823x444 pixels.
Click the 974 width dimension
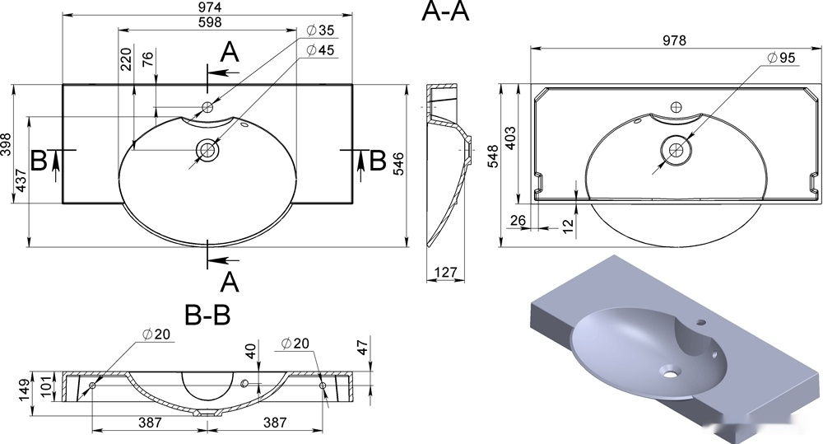tap(210, 7)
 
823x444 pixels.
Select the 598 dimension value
tap(210, 22)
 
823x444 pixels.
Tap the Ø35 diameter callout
tap(319, 30)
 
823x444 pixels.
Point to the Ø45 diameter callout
tap(319, 50)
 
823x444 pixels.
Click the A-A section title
tap(445, 12)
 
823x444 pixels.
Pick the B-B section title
tap(207, 315)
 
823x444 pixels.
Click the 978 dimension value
tap(674, 40)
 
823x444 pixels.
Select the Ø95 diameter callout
tap(781, 58)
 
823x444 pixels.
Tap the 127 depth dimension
tap(445, 272)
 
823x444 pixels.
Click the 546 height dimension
tap(399, 164)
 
